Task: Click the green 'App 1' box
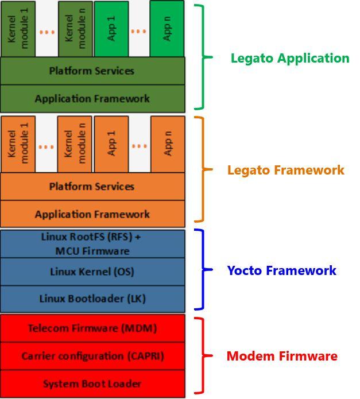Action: tap(111, 28)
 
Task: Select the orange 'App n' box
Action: tap(168, 144)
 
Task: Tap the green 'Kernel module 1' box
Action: tap(18, 28)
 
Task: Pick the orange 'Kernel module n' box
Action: tap(75, 144)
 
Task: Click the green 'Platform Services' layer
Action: tap(92, 71)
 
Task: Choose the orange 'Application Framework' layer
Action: tap(92, 214)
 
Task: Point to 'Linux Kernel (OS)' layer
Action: tap(92, 271)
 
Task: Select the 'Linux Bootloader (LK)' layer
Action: tap(92, 299)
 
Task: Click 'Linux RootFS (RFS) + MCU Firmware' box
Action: tap(92, 244)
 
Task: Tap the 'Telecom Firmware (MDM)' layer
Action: tap(92, 328)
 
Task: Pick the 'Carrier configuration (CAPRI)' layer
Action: tap(92, 356)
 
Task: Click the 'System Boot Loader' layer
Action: tap(92, 383)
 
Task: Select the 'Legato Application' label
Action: tap(289, 58)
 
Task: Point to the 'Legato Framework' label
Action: tap(286, 170)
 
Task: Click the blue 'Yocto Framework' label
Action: tap(281, 270)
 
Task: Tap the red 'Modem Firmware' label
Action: tap(281, 356)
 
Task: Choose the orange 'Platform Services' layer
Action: tap(92, 187)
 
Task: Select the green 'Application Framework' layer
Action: tap(92, 99)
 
